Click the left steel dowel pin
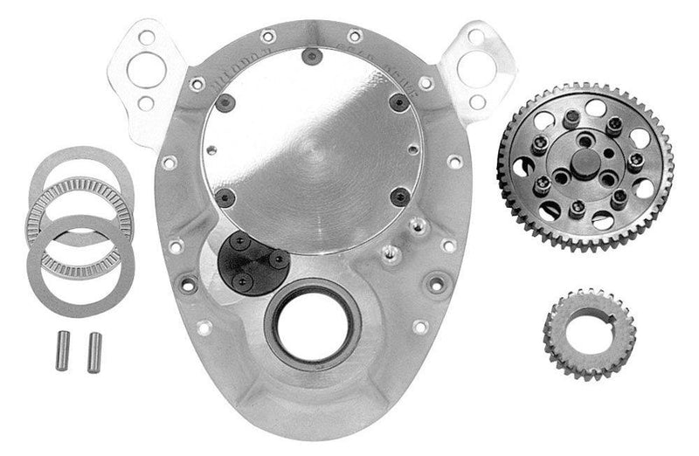(62, 351)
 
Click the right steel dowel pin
(92, 351)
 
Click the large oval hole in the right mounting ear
(474, 69)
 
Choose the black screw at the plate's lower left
(223, 196)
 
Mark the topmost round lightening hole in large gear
(585, 107)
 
